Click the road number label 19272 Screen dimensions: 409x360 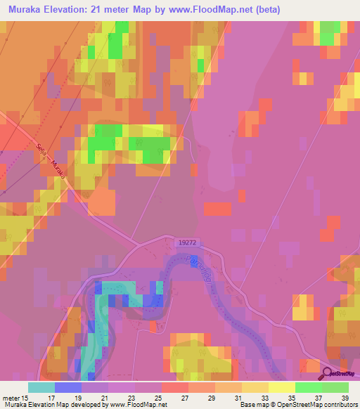186,241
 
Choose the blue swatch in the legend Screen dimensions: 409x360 67,387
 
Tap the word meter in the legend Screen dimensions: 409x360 10,396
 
